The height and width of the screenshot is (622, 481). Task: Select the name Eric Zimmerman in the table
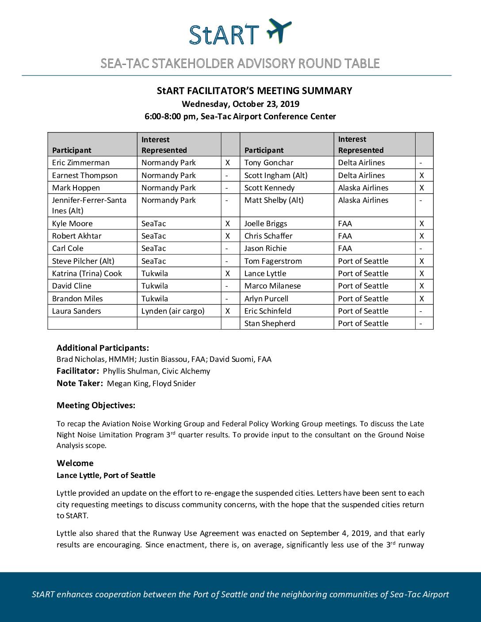tap(80, 163)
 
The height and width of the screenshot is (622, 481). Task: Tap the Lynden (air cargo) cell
tap(173, 311)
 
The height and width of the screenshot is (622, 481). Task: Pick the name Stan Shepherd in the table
tap(270, 323)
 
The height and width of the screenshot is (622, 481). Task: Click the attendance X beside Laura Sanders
tap(228, 311)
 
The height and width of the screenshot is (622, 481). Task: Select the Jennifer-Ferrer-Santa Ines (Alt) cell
tap(89, 205)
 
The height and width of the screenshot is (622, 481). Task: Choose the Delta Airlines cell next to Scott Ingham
tap(361, 175)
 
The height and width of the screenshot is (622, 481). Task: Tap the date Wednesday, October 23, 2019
tap(240, 104)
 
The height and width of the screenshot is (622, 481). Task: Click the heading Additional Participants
tap(103, 348)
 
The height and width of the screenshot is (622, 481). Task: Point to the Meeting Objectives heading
tap(96, 405)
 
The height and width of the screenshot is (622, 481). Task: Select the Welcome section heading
tap(75, 463)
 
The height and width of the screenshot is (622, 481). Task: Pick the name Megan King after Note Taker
tap(128, 383)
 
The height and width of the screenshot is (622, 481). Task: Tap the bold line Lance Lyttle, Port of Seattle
tap(106, 475)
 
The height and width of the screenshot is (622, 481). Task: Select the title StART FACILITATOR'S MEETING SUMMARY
tap(255, 91)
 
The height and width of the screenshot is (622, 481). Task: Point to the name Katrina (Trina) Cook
tap(87, 273)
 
